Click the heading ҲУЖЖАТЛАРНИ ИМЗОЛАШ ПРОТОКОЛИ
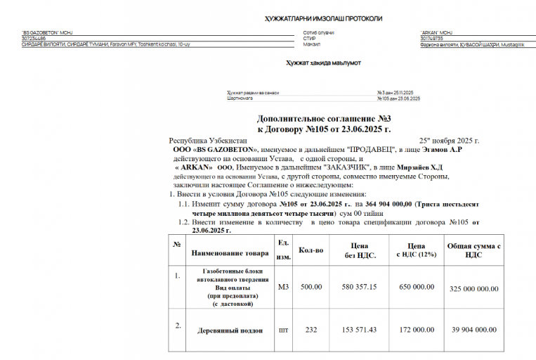click(x=323, y=18)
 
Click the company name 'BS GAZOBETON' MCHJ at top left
click(x=48, y=32)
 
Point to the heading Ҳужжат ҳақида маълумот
click(x=323, y=63)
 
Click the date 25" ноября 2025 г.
click(x=449, y=141)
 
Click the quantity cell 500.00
click(x=311, y=287)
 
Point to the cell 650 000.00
click(x=416, y=287)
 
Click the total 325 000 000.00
click(x=473, y=288)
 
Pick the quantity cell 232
click(x=311, y=329)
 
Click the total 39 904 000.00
click(x=473, y=329)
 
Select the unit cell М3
click(x=284, y=287)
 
